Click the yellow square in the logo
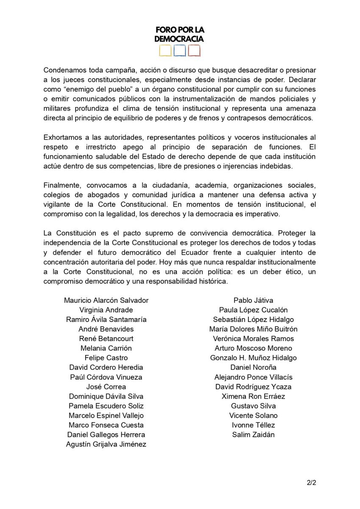165,51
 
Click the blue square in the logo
180,51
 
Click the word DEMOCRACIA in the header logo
179,39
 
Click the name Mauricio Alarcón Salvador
106,300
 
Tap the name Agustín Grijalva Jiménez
106,444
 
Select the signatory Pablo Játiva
253,300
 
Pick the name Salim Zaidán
253,434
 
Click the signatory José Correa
106,386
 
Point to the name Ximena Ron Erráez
253,396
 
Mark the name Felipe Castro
106,358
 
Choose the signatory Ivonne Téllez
253,425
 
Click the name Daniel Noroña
253,367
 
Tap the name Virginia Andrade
106,310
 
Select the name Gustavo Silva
253,406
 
